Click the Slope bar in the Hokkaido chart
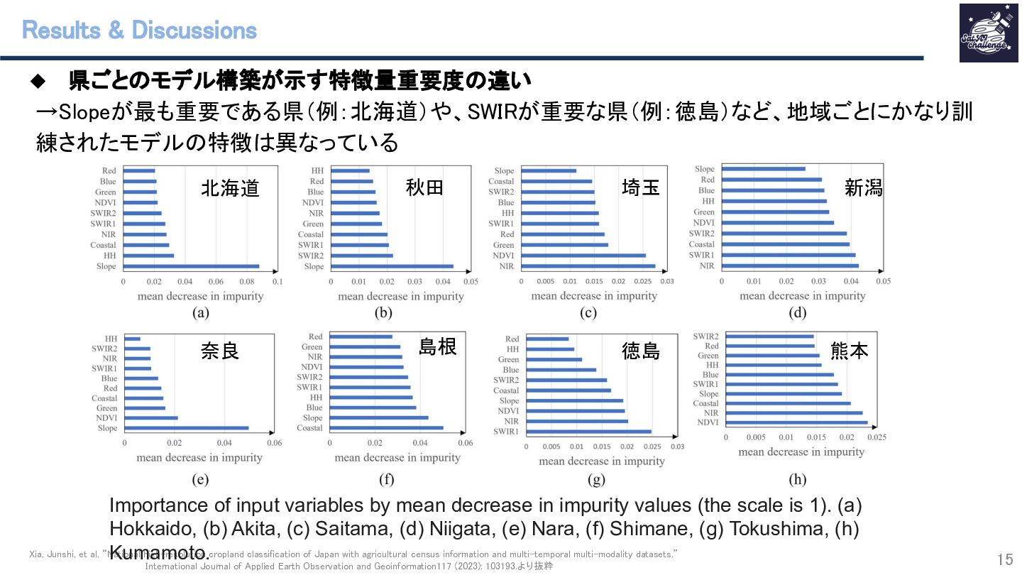(x=192, y=266)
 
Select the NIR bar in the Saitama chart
(x=589, y=266)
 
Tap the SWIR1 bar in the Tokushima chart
(x=589, y=432)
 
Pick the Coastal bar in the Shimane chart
(x=387, y=428)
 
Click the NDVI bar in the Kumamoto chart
(x=796, y=422)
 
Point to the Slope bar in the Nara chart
(x=187, y=428)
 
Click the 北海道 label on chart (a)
(x=230, y=188)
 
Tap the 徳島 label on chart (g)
(x=641, y=350)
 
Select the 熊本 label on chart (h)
(x=849, y=350)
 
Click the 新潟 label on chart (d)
(x=864, y=188)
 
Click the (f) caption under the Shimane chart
(x=386, y=479)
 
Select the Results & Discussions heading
(x=139, y=31)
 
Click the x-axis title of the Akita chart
(x=401, y=296)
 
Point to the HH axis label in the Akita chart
(x=317, y=170)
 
